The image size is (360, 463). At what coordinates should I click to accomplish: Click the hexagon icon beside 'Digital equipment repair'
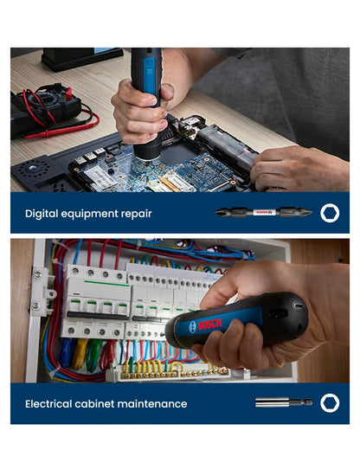(x=330, y=213)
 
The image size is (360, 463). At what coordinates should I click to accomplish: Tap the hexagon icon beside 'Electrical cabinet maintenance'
(x=330, y=403)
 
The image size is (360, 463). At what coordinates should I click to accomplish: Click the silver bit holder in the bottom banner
(x=282, y=403)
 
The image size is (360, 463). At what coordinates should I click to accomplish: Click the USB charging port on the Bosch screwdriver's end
(x=299, y=305)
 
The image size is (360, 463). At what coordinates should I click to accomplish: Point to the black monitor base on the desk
(x=82, y=58)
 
